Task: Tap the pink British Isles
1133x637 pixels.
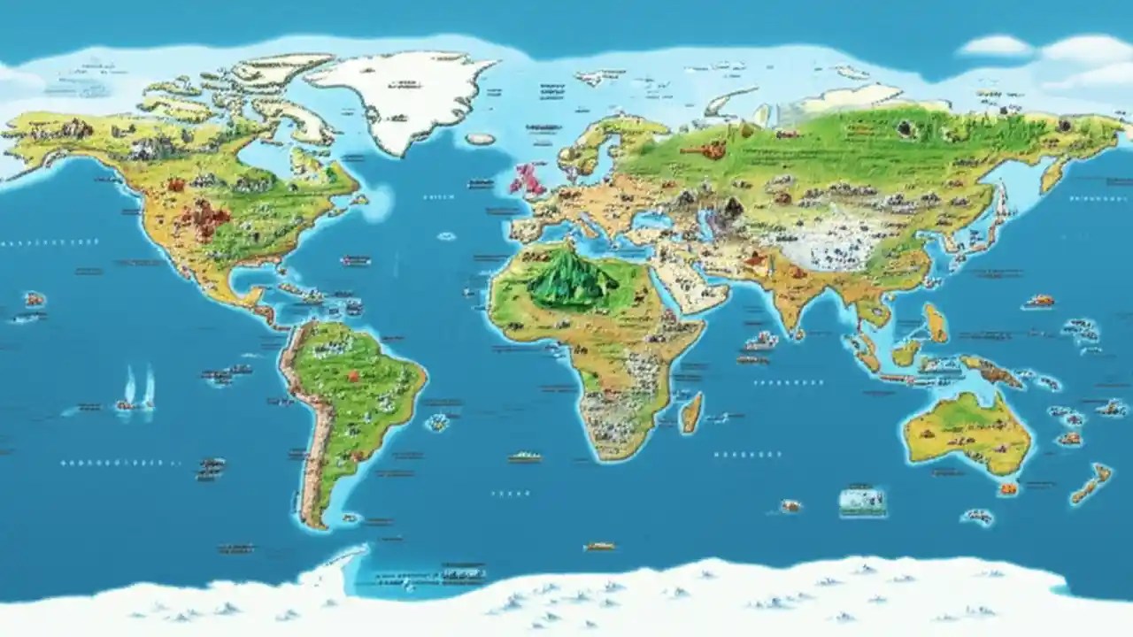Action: (528, 180)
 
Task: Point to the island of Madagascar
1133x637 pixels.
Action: (691, 412)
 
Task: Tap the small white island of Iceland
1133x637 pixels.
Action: (481, 139)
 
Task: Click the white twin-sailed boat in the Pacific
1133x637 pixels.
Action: (138, 389)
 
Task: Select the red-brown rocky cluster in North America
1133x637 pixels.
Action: (203, 217)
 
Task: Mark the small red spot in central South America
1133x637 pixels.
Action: (353, 376)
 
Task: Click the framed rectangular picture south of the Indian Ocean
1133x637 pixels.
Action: (862, 501)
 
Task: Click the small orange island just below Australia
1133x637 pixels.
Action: (1007, 488)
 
